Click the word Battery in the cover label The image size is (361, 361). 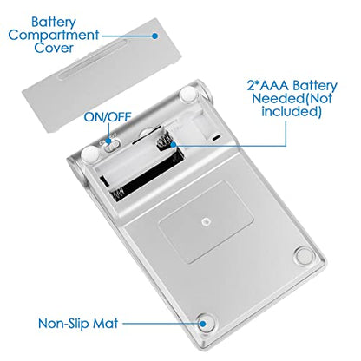[54, 23]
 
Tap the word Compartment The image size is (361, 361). [54, 35]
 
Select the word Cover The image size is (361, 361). [54, 48]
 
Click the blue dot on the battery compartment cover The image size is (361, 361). [155, 36]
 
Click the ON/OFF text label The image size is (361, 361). [108, 117]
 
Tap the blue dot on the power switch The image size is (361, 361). [108, 141]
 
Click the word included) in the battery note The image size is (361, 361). [292, 111]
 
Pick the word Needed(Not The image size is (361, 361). [292, 98]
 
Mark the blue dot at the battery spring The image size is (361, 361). [174, 145]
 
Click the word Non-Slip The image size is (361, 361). [63, 323]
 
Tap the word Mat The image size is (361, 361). [105, 323]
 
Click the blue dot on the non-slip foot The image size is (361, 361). [204, 324]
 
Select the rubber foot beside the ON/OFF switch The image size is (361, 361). [90, 154]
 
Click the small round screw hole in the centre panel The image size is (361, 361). [206, 222]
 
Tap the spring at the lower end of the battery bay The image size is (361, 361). [118, 194]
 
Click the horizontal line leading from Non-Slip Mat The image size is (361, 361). [162, 324]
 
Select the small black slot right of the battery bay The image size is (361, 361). [215, 138]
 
